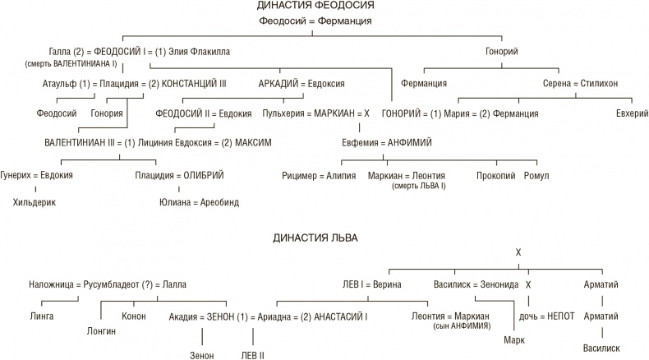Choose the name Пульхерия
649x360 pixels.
click(x=284, y=113)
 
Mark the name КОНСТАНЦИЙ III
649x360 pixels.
click(x=194, y=83)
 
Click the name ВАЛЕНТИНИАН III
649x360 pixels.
click(x=79, y=142)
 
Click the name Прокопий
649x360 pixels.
click(x=495, y=175)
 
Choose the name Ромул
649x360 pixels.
click(x=536, y=175)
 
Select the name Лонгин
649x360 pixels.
click(x=101, y=330)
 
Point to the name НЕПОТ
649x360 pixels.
click(x=563, y=316)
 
